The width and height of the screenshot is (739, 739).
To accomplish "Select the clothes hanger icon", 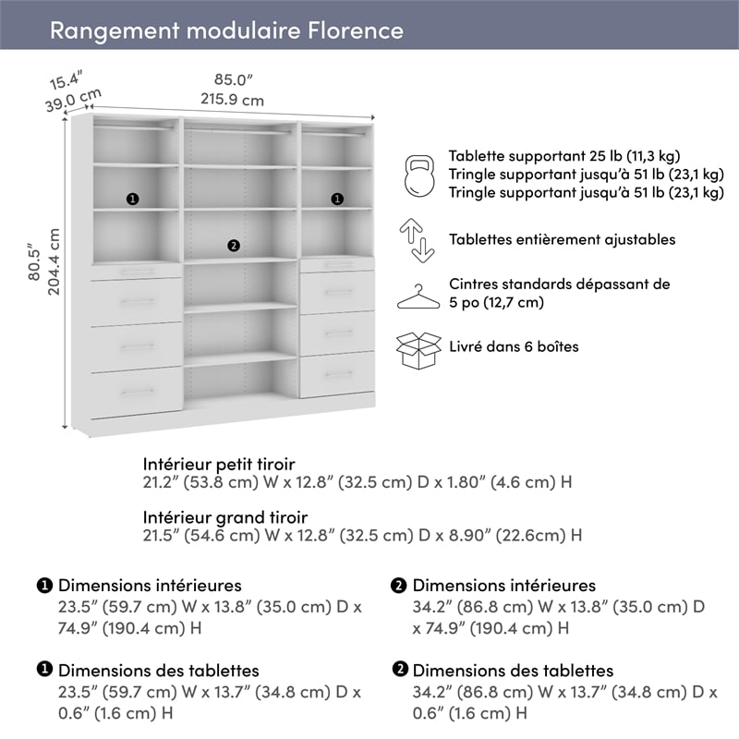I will [x=418, y=296].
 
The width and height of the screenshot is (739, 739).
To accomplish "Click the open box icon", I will [x=418, y=350].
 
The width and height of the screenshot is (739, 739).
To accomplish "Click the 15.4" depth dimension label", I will [x=67, y=77].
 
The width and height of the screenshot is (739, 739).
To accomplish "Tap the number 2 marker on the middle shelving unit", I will [x=233, y=245].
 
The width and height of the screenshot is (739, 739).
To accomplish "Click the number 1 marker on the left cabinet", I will [x=132, y=199].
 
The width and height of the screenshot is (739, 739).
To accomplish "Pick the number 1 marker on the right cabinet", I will [x=337, y=199].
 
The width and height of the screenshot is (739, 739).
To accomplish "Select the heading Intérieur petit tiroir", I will [x=219, y=464].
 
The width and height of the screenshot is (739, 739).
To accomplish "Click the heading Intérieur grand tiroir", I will [x=225, y=517].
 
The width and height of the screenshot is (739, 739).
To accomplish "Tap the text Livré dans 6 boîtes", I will [x=515, y=347].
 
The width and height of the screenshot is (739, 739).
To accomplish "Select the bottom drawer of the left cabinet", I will [x=136, y=391].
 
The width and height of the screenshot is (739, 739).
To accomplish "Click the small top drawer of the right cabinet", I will [x=337, y=265].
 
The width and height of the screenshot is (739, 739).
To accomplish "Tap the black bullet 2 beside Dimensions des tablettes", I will [x=400, y=671].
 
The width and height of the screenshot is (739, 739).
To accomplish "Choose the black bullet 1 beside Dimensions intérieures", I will [x=44, y=586].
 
